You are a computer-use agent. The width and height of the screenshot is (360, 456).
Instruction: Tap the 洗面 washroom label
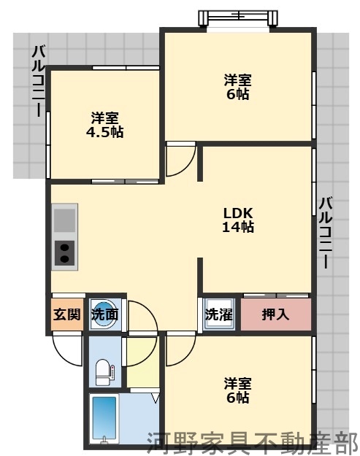104,315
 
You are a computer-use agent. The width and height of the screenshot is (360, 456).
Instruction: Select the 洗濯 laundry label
218,315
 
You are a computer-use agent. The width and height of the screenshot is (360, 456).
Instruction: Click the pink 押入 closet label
275,315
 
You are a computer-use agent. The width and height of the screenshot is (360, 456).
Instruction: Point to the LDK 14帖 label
238,220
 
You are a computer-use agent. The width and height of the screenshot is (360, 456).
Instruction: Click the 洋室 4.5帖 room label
105,125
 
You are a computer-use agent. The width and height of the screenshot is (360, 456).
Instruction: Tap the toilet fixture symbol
104,371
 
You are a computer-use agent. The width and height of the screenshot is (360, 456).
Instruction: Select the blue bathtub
107,420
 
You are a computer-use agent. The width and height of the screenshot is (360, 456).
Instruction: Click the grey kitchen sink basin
64,220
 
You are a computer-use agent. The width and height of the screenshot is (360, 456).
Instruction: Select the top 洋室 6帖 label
237,87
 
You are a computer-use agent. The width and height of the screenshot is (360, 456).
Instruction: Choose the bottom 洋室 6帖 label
237,390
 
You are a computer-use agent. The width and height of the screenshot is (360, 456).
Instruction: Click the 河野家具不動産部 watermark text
252,441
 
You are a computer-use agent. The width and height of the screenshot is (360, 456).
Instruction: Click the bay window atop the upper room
237,16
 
